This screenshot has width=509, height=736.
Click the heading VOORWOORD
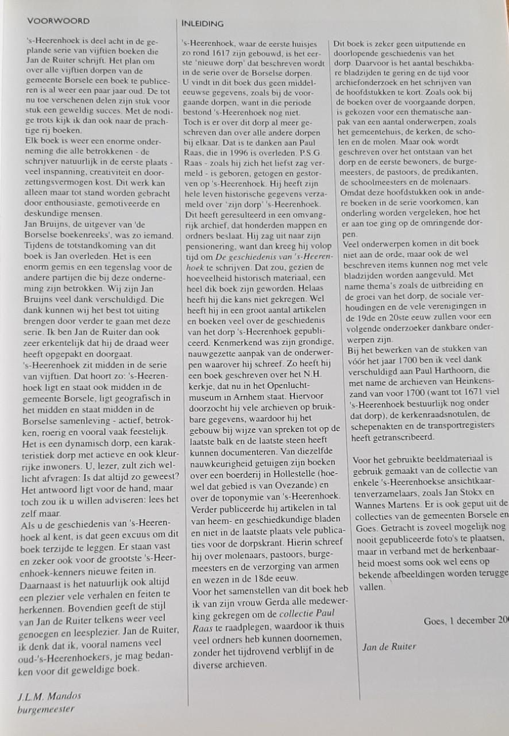tap(58, 21)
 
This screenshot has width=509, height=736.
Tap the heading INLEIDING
tap(202, 24)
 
